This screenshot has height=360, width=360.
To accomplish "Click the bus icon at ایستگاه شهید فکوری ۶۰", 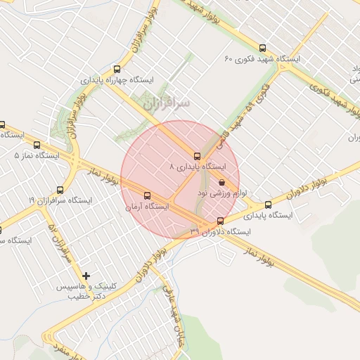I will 263,49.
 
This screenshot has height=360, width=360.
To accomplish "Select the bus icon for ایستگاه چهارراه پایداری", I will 117,69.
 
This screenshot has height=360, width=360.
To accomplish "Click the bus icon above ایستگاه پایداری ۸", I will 197,156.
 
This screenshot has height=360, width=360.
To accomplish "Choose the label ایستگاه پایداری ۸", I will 198,167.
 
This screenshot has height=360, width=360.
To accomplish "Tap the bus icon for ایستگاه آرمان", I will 147,195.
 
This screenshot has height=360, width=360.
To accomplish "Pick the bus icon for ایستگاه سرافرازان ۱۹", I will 60,190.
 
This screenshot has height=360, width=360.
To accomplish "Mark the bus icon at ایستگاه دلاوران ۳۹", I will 220,221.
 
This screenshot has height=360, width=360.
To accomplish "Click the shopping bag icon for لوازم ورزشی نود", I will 222,182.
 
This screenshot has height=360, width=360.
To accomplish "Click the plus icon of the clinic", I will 86,276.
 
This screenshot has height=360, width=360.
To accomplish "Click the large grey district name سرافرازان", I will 166,103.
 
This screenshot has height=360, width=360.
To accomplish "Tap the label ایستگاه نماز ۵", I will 36,154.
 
